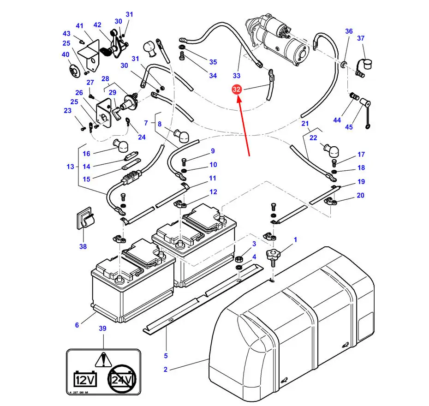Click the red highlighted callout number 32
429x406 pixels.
(x=237, y=90)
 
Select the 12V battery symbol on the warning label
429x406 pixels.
(x=85, y=379)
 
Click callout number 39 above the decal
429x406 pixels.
(x=103, y=328)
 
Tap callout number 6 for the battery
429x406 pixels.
(x=77, y=325)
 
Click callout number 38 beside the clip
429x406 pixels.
(x=83, y=246)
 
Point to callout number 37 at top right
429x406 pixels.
(x=361, y=38)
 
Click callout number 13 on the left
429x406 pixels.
(x=70, y=166)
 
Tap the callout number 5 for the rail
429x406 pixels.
(x=166, y=355)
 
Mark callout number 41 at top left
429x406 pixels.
(x=80, y=26)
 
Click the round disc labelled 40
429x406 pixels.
(x=73, y=70)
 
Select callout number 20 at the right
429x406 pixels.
(x=360, y=195)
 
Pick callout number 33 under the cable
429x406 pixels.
(x=237, y=75)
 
